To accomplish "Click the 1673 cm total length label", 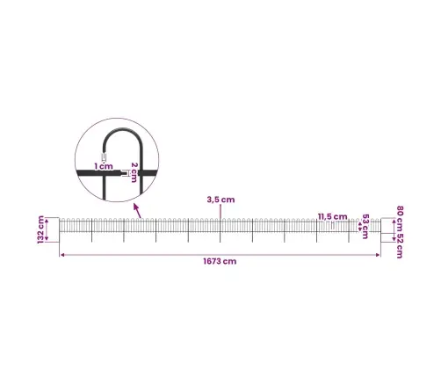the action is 220,261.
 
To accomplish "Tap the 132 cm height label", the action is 40,229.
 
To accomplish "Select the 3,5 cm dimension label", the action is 220,200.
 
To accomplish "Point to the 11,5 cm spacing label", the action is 333,216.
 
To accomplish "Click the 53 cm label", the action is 365,226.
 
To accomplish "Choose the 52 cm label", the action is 400,246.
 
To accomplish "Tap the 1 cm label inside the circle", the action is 104,166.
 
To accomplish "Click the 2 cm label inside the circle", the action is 134,172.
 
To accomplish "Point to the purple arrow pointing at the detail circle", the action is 137,211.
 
